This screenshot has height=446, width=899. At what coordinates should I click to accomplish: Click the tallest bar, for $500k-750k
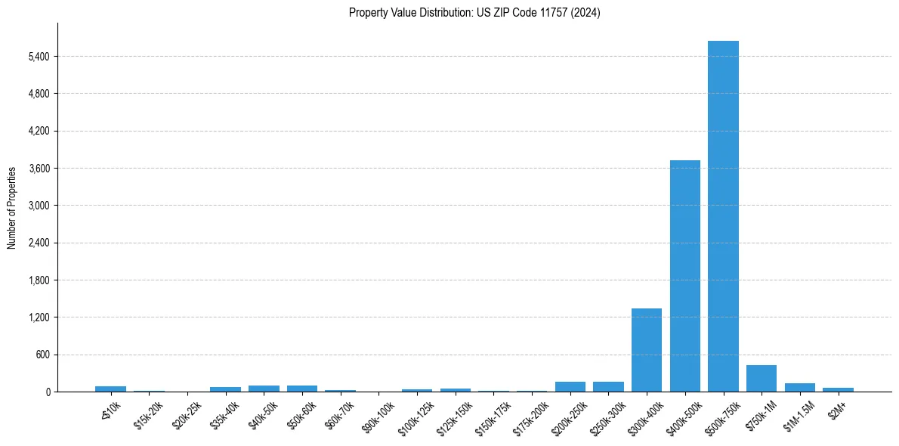pyautogui.click(x=723, y=216)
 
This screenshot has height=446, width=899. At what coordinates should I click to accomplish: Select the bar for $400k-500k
pyautogui.click(x=684, y=276)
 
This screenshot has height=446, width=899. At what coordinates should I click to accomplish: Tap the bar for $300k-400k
pyautogui.click(x=647, y=350)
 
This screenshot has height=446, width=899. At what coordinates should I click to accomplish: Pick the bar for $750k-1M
pyautogui.click(x=762, y=379)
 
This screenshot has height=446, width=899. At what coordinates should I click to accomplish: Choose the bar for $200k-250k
pyautogui.click(x=570, y=387)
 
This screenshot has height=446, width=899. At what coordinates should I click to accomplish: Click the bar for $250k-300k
pyautogui.click(x=608, y=387)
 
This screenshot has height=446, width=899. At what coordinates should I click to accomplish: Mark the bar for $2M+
pyautogui.click(x=838, y=389)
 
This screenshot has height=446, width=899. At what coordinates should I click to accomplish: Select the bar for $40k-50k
pyautogui.click(x=264, y=389)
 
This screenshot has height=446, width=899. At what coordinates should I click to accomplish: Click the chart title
pyautogui.click(x=474, y=13)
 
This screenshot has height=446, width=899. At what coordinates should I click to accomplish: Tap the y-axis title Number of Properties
pyautogui.click(x=12, y=208)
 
